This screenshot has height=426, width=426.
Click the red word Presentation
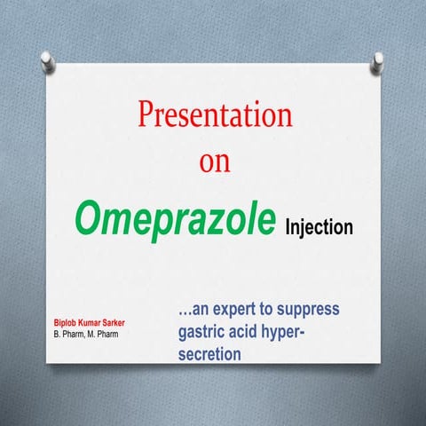click(x=214, y=116)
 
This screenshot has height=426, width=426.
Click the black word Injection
click(x=319, y=227)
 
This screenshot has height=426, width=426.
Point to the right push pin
click(x=378, y=59)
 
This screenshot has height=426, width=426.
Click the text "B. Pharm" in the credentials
click(x=70, y=334)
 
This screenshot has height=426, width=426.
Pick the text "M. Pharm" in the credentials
click(x=109, y=334)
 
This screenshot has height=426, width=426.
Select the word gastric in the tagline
click(x=198, y=333)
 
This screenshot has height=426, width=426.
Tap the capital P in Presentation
click(x=146, y=115)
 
